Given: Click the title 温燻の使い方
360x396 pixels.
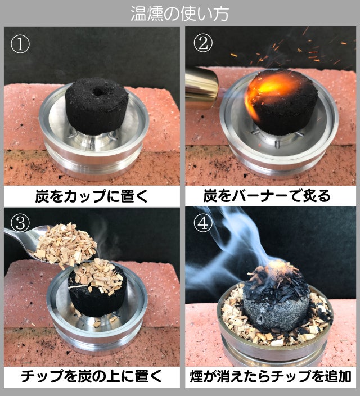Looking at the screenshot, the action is coord(179,13).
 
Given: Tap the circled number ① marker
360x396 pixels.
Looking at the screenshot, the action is coord(20,43).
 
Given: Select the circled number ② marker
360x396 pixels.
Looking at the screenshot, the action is coord(203,43).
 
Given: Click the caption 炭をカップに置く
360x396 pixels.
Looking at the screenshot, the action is coord(92,196).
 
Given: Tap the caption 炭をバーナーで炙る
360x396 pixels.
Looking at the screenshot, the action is coord(267,196).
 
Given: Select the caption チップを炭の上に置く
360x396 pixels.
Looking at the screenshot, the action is coord(91,376).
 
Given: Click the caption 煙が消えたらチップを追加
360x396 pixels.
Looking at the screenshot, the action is coord(271,376).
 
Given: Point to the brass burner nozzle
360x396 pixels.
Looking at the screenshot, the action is coord(201,87).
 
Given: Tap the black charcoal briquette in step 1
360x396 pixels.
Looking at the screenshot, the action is coord(97,106).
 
